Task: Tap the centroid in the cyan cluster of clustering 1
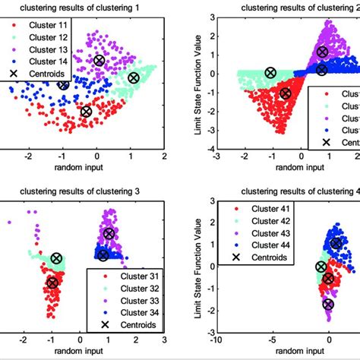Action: [x=134, y=77]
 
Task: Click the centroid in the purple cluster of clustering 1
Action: [x=99, y=60]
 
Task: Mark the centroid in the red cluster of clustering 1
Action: [x=86, y=112]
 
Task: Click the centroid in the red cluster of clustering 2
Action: [x=286, y=94]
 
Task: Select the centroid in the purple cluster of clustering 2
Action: [x=322, y=52]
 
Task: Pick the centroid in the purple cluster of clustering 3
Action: [x=109, y=234]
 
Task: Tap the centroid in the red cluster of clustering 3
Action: [x=52, y=283]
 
